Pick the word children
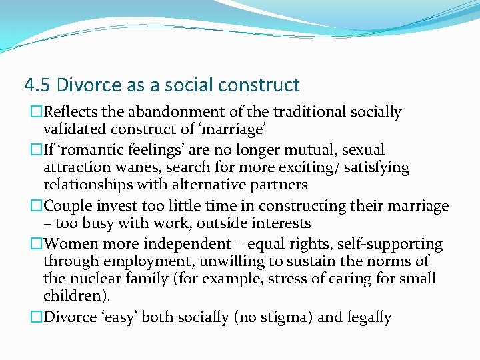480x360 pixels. pos(74,295)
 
